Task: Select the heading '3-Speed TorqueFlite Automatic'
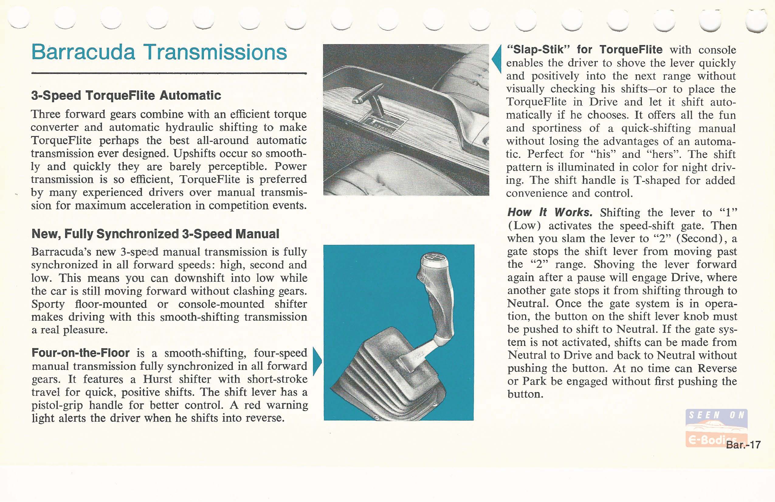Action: (126, 96)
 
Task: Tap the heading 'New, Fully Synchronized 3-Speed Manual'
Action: (155, 234)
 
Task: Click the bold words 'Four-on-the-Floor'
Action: (81, 353)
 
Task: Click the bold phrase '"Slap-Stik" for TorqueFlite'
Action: (584, 50)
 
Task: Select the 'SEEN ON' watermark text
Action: (716, 415)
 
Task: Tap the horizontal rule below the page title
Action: (169, 74)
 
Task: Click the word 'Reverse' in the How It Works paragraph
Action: (717, 368)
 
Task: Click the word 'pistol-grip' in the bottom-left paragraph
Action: (57, 405)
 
